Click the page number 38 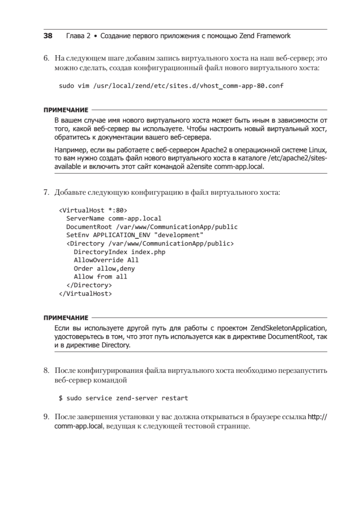click(48, 36)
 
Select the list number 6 click(46, 58)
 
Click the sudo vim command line click(171, 86)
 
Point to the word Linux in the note click(319, 151)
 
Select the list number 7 click(46, 192)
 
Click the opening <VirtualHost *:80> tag click(93, 210)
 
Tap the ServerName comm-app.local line click(114, 219)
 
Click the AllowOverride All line click(106, 260)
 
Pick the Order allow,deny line click(104, 268)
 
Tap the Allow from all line click(100, 277)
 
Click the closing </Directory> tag click(89, 285)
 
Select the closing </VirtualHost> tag click(85, 293)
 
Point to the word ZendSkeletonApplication click(288, 328)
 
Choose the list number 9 click(46, 417)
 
